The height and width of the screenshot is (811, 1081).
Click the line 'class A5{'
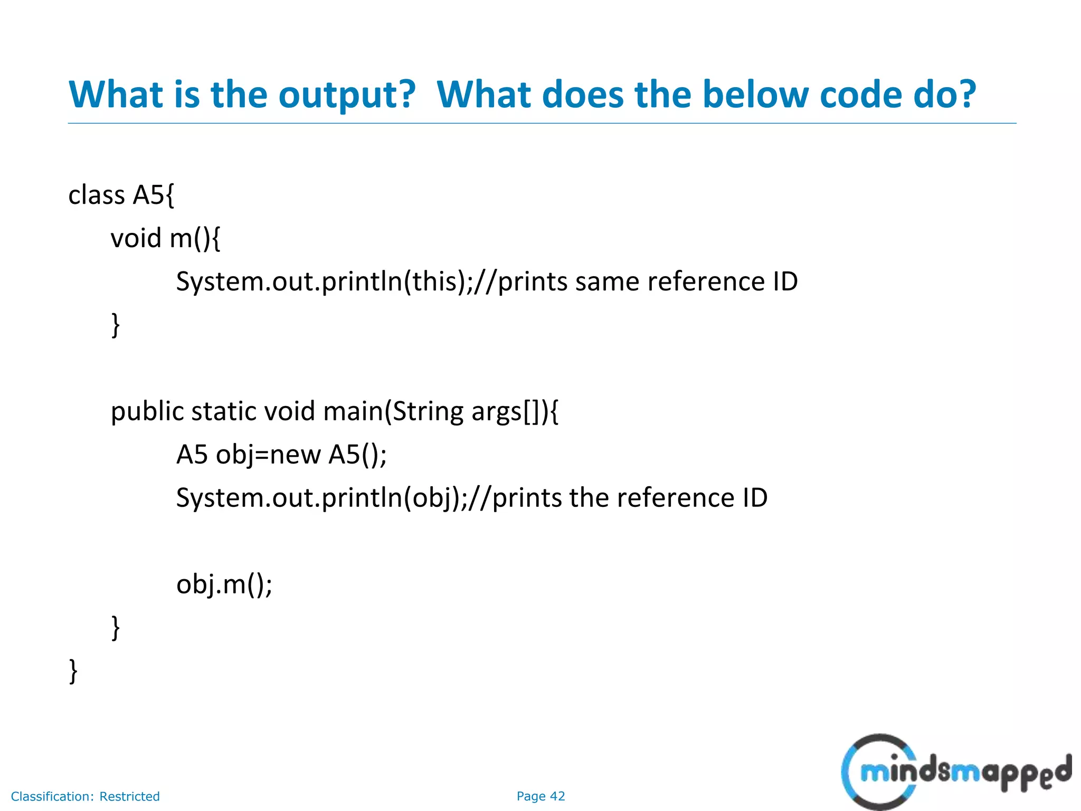(121, 195)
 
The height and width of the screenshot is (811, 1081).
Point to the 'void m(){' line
(165, 238)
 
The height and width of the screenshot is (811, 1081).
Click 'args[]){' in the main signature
(515, 411)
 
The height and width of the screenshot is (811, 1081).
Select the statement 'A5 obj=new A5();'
(281, 455)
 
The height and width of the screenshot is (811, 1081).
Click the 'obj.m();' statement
(224, 584)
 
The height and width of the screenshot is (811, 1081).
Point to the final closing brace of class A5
(73, 671)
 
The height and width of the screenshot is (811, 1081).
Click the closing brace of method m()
(116, 325)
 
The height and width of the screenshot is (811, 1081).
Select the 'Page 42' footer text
(540, 796)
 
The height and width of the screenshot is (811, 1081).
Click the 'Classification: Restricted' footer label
(86, 796)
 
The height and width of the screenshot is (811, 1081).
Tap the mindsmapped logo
(955, 772)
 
